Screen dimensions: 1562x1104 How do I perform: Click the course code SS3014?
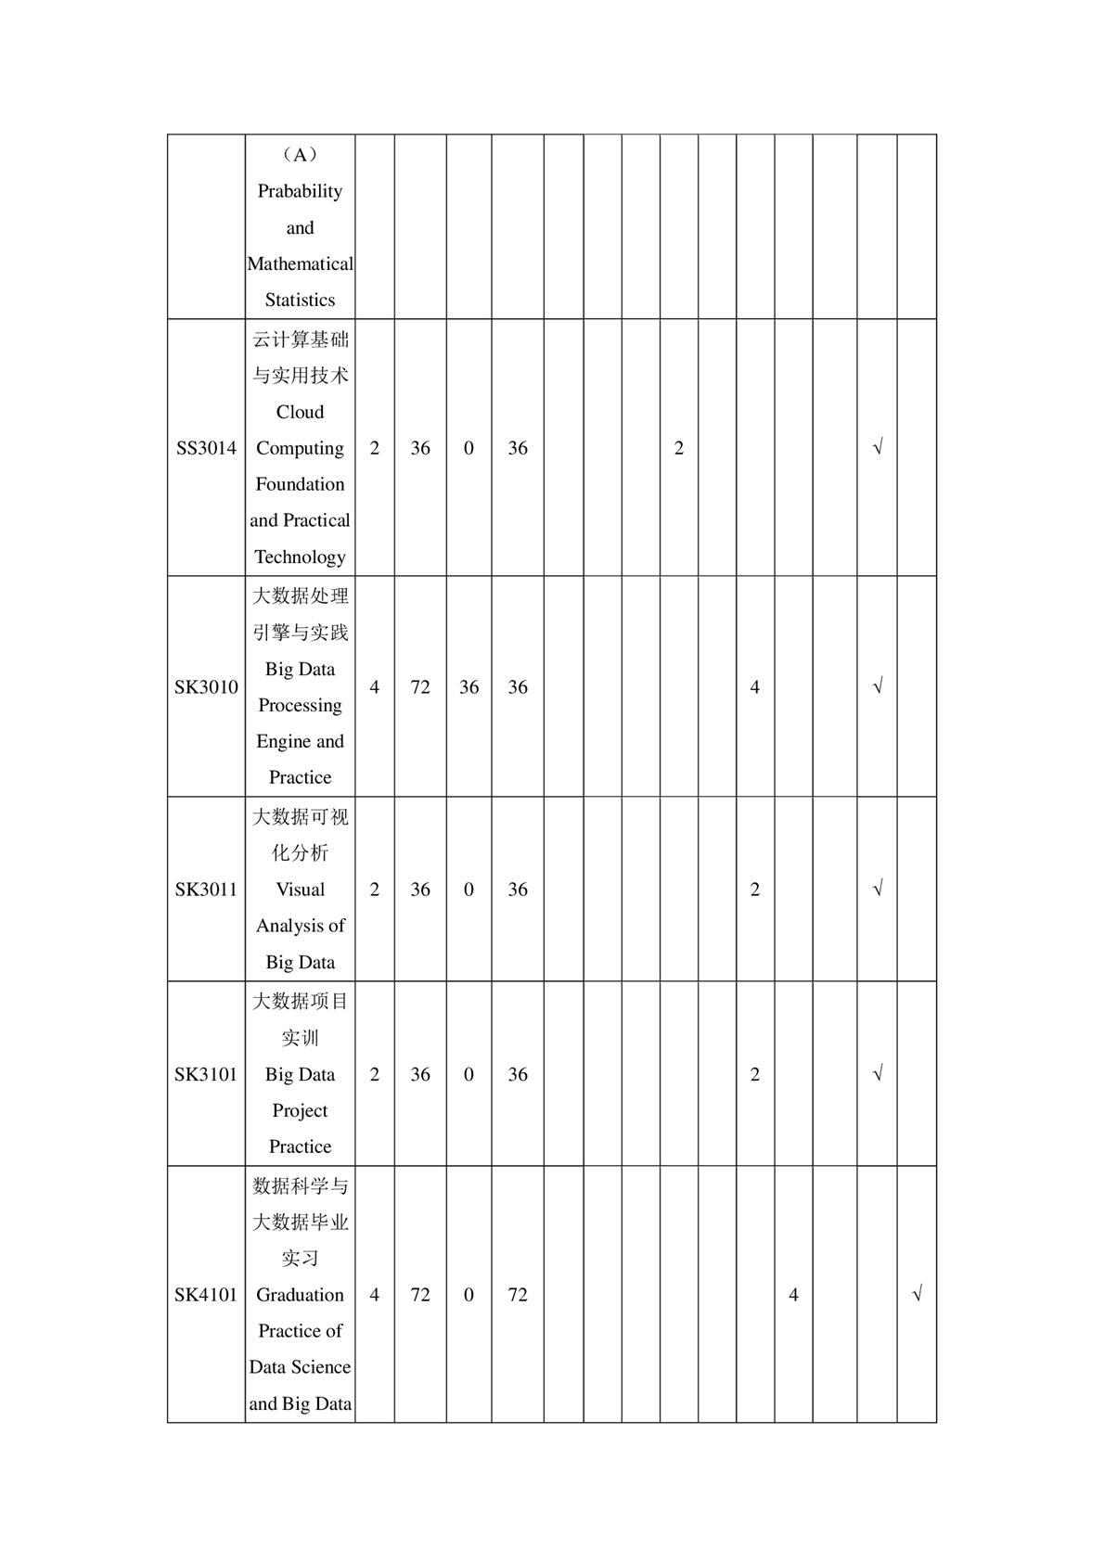(x=206, y=448)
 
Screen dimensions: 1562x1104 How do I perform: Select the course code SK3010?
(x=206, y=687)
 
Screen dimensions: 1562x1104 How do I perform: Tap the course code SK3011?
(x=206, y=890)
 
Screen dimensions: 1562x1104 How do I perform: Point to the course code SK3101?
(x=206, y=1074)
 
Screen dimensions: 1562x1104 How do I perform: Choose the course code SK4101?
(x=206, y=1295)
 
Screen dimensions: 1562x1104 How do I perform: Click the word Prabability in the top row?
(x=300, y=191)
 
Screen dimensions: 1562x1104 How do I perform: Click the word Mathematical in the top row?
(x=300, y=264)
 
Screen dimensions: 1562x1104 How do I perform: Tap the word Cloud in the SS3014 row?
(x=300, y=412)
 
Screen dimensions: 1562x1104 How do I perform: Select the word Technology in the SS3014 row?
(x=300, y=557)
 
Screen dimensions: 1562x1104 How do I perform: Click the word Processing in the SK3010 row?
(x=300, y=706)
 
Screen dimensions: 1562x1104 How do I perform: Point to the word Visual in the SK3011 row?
(x=300, y=890)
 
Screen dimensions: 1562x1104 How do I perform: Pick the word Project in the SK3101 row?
(x=300, y=1110)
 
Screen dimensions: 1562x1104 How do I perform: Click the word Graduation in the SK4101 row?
(x=300, y=1295)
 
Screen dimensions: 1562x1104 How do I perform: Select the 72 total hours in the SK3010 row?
(x=420, y=687)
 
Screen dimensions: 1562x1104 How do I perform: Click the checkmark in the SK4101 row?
(x=917, y=1294)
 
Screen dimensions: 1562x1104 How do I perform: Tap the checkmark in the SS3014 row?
(x=878, y=448)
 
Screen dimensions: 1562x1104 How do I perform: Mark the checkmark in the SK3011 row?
(x=878, y=890)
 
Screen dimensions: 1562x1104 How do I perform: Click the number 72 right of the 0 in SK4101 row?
(x=518, y=1295)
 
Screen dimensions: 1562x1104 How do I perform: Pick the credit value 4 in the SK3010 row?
(x=375, y=687)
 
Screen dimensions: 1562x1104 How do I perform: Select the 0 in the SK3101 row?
(x=469, y=1074)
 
